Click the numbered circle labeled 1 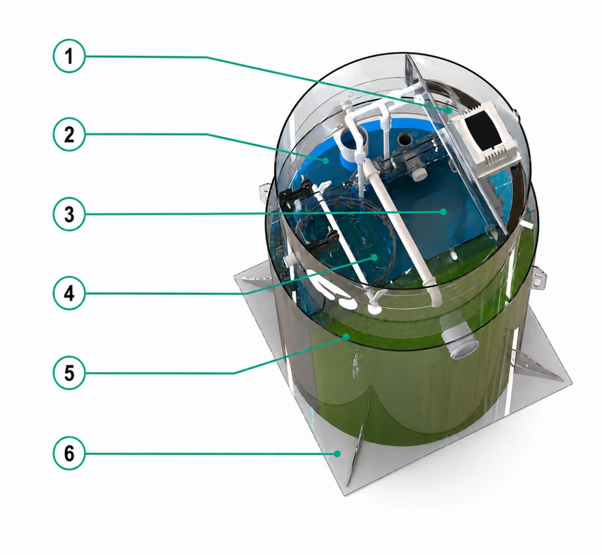[x=69, y=56]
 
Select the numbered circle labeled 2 [x=69, y=135]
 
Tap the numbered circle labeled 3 [x=69, y=214]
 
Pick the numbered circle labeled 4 [x=69, y=293]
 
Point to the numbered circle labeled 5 [x=69, y=373]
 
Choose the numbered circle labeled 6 [x=69, y=453]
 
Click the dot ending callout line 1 [x=449, y=111]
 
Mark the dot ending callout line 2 [x=325, y=161]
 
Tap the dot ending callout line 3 [x=443, y=212]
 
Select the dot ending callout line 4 [x=374, y=257]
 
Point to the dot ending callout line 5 [x=347, y=336]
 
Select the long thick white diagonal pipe [x=403, y=232]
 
